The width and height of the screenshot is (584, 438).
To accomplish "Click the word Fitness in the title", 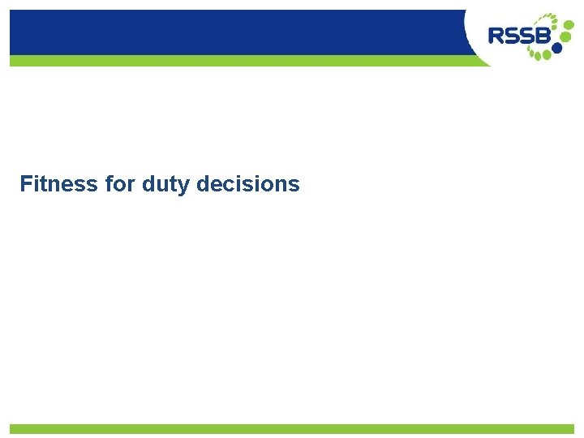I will coord(58,184).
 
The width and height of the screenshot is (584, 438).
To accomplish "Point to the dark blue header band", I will coord(235,32).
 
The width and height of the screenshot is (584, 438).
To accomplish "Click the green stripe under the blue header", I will coord(235,61).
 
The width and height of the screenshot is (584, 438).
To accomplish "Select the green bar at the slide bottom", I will coord(292,428).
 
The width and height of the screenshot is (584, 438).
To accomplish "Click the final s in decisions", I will coord(294,185).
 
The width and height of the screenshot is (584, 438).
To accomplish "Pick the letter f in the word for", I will coord(108,184).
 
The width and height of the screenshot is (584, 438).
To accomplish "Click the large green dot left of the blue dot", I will coord(546,54).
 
